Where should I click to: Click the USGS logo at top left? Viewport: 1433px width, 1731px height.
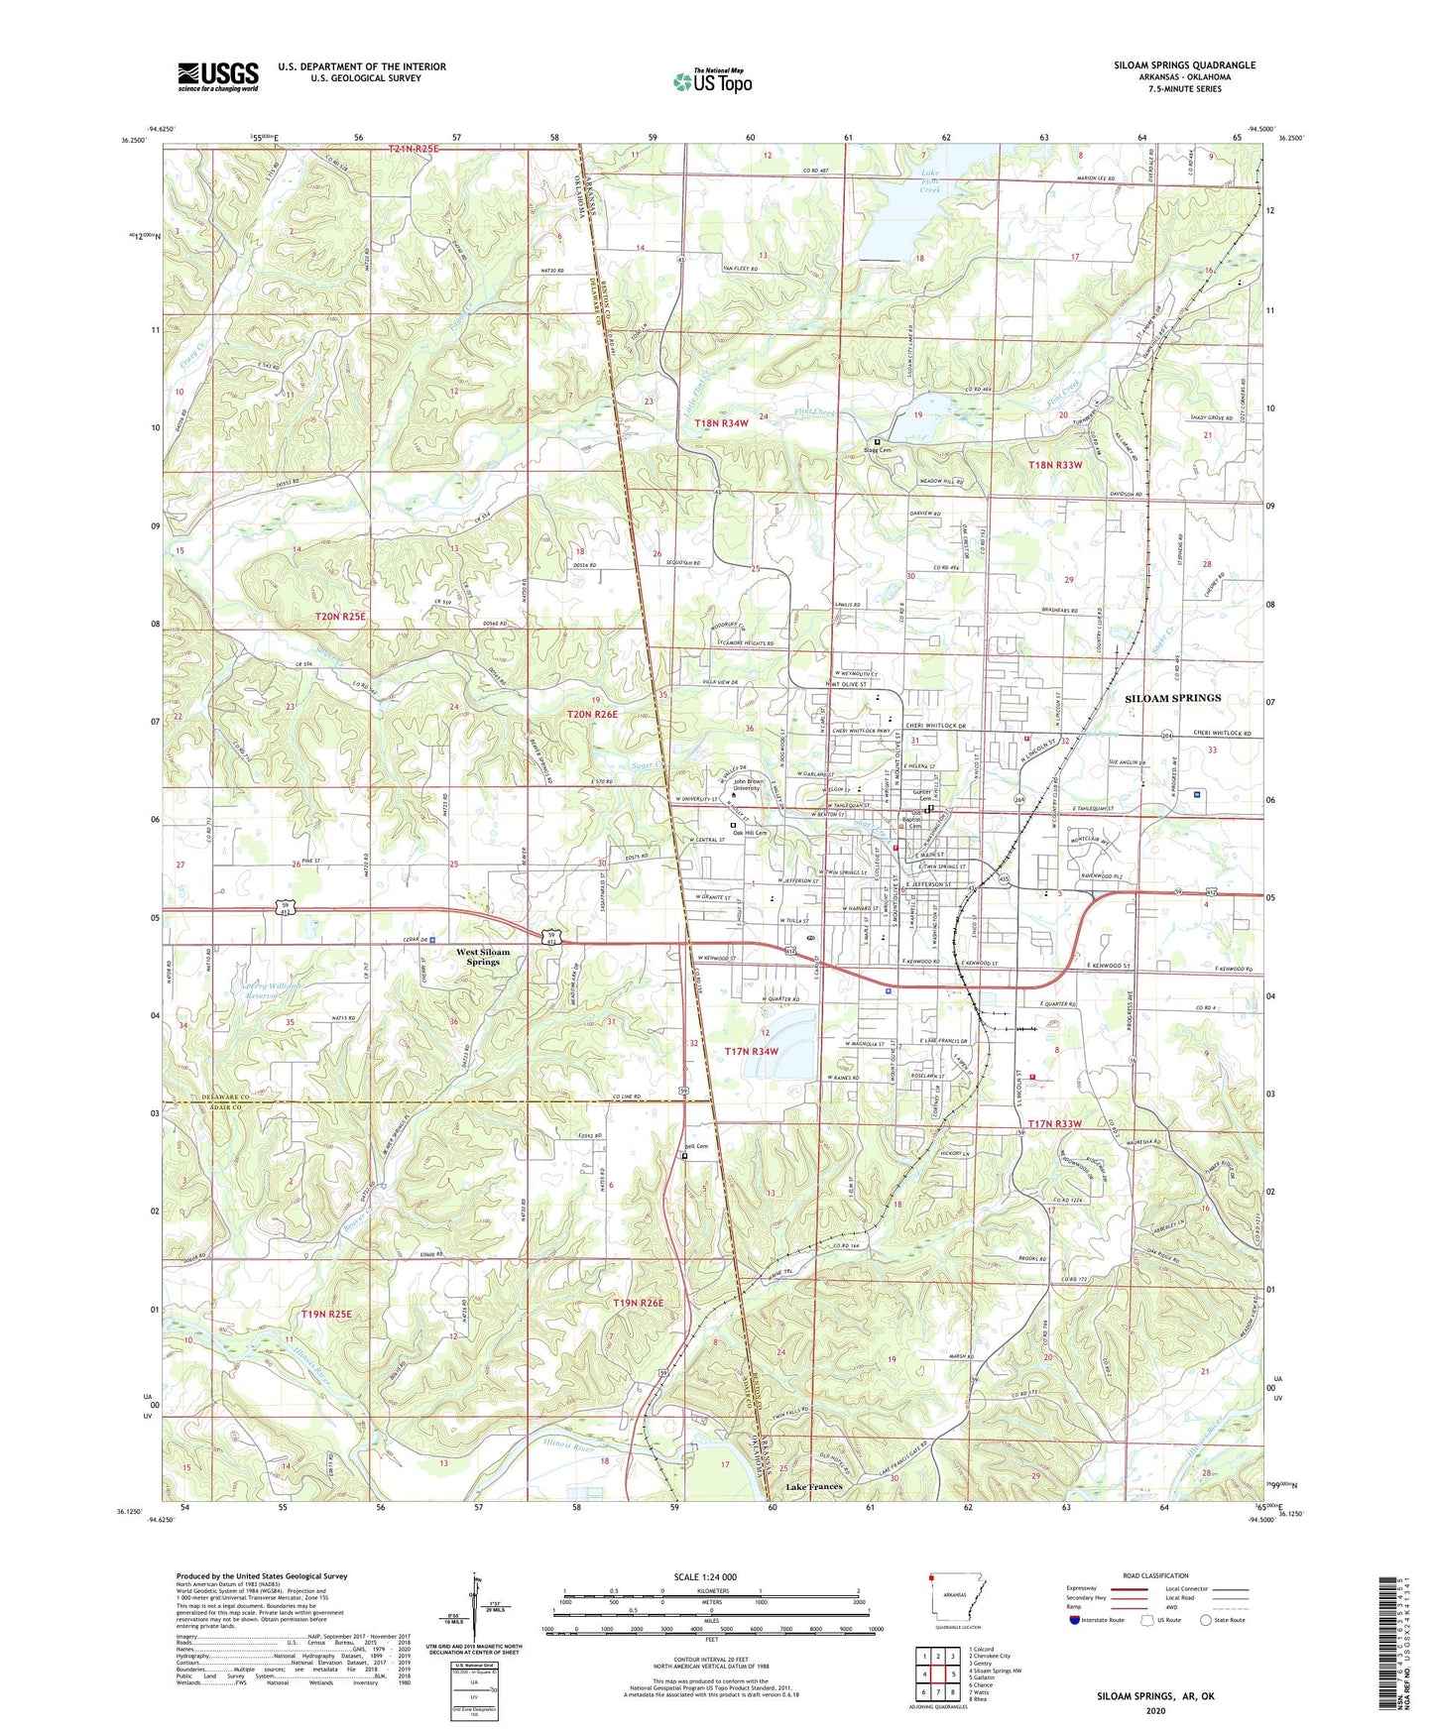coord(217,76)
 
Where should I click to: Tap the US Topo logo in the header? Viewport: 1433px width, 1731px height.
coord(712,81)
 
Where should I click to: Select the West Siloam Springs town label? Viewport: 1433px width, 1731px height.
coord(482,957)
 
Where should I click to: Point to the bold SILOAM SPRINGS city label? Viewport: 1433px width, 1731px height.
coord(1172,698)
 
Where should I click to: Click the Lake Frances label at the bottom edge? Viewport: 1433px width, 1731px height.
coord(814,1487)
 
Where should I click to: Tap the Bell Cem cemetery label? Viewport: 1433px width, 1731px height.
coord(696,1147)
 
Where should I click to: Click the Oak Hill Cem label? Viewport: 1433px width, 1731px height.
coord(750,833)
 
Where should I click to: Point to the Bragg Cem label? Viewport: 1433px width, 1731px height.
coord(877,450)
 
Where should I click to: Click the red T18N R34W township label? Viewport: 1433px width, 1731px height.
coord(721,423)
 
